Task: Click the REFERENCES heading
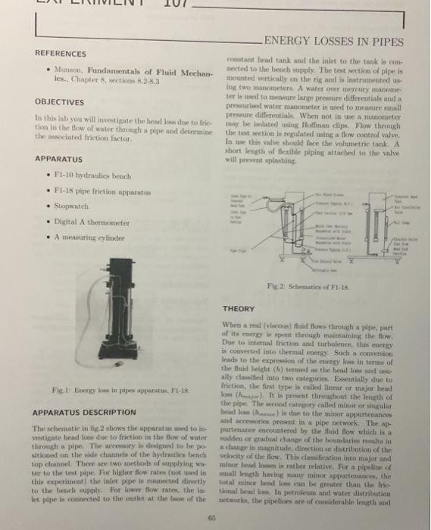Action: (61, 54)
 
